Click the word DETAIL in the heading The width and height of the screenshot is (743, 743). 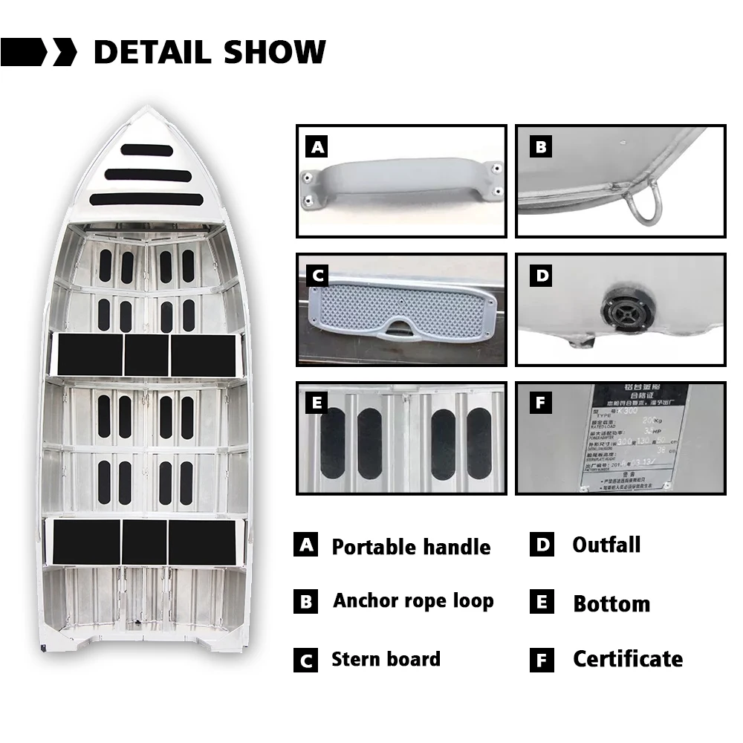(x=153, y=52)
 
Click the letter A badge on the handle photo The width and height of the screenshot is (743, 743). (x=318, y=147)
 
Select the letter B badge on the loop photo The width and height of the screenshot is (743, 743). (x=541, y=147)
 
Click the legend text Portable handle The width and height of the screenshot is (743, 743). (x=411, y=548)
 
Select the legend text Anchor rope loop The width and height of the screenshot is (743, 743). (x=413, y=600)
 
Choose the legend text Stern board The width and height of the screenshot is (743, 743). (x=386, y=659)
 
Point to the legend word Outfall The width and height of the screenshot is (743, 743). (x=606, y=545)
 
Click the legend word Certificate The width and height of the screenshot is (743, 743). (x=627, y=658)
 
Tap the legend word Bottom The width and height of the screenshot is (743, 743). (x=611, y=604)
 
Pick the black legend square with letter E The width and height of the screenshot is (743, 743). (x=542, y=602)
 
